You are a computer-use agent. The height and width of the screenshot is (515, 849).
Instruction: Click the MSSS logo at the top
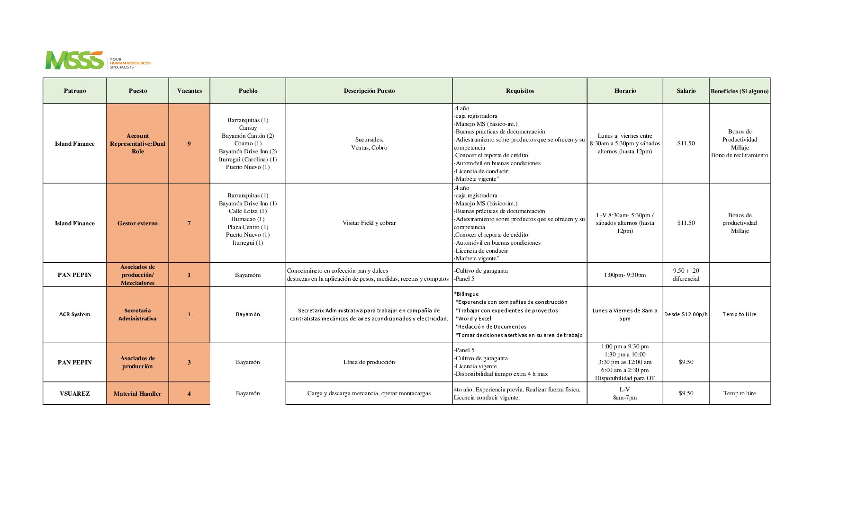pyautogui.click(x=75, y=60)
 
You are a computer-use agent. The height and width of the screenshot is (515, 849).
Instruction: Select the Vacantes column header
pyautogui.click(x=189, y=91)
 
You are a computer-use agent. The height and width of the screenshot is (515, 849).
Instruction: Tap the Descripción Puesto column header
pyautogui.click(x=369, y=91)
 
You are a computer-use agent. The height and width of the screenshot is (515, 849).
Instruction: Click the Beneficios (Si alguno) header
pyautogui.click(x=739, y=91)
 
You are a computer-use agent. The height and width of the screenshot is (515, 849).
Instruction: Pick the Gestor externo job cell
pyautogui.click(x=137, y=223)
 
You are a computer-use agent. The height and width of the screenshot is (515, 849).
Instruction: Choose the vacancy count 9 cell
pyautogui.click(x=189, y=143)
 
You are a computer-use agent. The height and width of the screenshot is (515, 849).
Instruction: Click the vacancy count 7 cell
pyautogui.click(x=189, y=223)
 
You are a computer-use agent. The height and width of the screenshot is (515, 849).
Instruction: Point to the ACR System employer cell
pyautogui.click(x=74, y=314)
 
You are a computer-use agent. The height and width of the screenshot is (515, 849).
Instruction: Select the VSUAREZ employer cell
pyautogui.click(x=74, y=393)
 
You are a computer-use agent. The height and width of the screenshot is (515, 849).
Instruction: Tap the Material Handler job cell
pyautogui.click(x=137, y=393)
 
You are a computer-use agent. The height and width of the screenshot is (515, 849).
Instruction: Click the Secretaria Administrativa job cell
pyautogui.click(x=137, y=314)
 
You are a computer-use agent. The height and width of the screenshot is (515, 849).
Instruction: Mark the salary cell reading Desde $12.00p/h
pyautogui.click(x=686, y=314)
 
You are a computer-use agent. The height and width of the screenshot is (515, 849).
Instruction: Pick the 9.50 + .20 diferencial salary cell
pyautogui.click(x=686, y=275)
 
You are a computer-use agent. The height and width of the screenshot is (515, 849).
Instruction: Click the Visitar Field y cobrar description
pyautogui.click(x=369, y=223)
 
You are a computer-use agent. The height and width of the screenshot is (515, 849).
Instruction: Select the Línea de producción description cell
pyautogui.click(x=369, y=362)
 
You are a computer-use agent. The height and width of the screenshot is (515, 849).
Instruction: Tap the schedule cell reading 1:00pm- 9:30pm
pyautogui.click(x=624, y=275)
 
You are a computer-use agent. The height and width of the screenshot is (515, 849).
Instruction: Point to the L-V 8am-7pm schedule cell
pyautogui.click(x=624, y=393)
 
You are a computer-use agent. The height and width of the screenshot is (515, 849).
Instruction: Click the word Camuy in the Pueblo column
pyautogui.click(x=248, y=128)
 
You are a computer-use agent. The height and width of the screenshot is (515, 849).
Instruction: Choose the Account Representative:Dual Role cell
pyautogui.click(x=137, y=143)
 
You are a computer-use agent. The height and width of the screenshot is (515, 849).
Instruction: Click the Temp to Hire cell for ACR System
pyautogui.click(x=739, y=314)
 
